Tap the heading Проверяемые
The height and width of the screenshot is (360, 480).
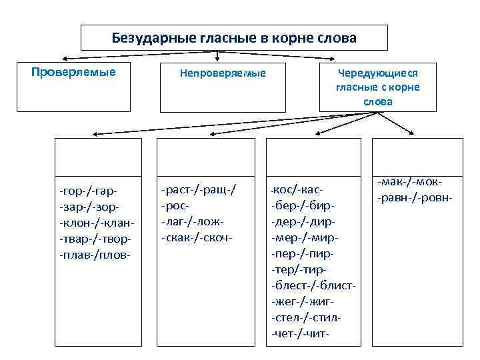tap(73, 71)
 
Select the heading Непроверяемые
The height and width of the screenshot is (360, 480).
tap(223, 73)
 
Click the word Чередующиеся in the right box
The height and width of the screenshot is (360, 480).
tap(377, 73)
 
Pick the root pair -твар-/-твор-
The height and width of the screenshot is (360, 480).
tap(95, 238)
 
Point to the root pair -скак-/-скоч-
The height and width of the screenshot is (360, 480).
tap(197, 237)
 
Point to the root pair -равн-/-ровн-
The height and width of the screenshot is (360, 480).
tap(415, 198)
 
